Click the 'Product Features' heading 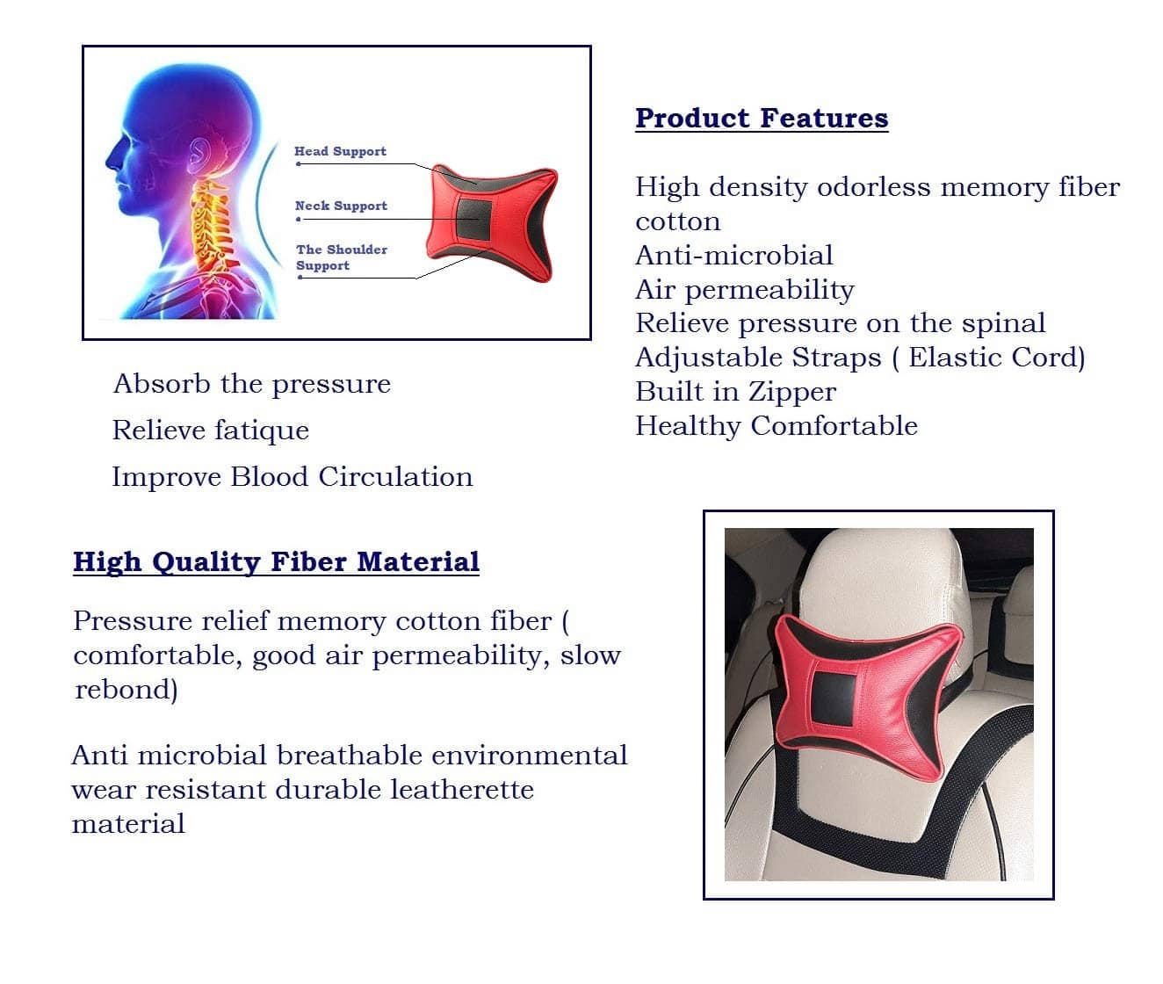pos(762,119)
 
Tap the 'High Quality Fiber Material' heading pos(277,561)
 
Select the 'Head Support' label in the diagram pos(341,151)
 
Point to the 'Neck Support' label pos(341,206)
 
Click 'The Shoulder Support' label pos(342,257)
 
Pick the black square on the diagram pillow pos(473,218)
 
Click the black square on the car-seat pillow pos(834,697)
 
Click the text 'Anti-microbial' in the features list pos(733,255)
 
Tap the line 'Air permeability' pos(744,290)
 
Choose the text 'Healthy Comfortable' pos(777,425)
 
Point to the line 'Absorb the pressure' pos(251,384)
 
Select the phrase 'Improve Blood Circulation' pos(292,477)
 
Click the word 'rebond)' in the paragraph pos(126,689)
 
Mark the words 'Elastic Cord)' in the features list pos(996,358)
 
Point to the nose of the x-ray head pos(111,161)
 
